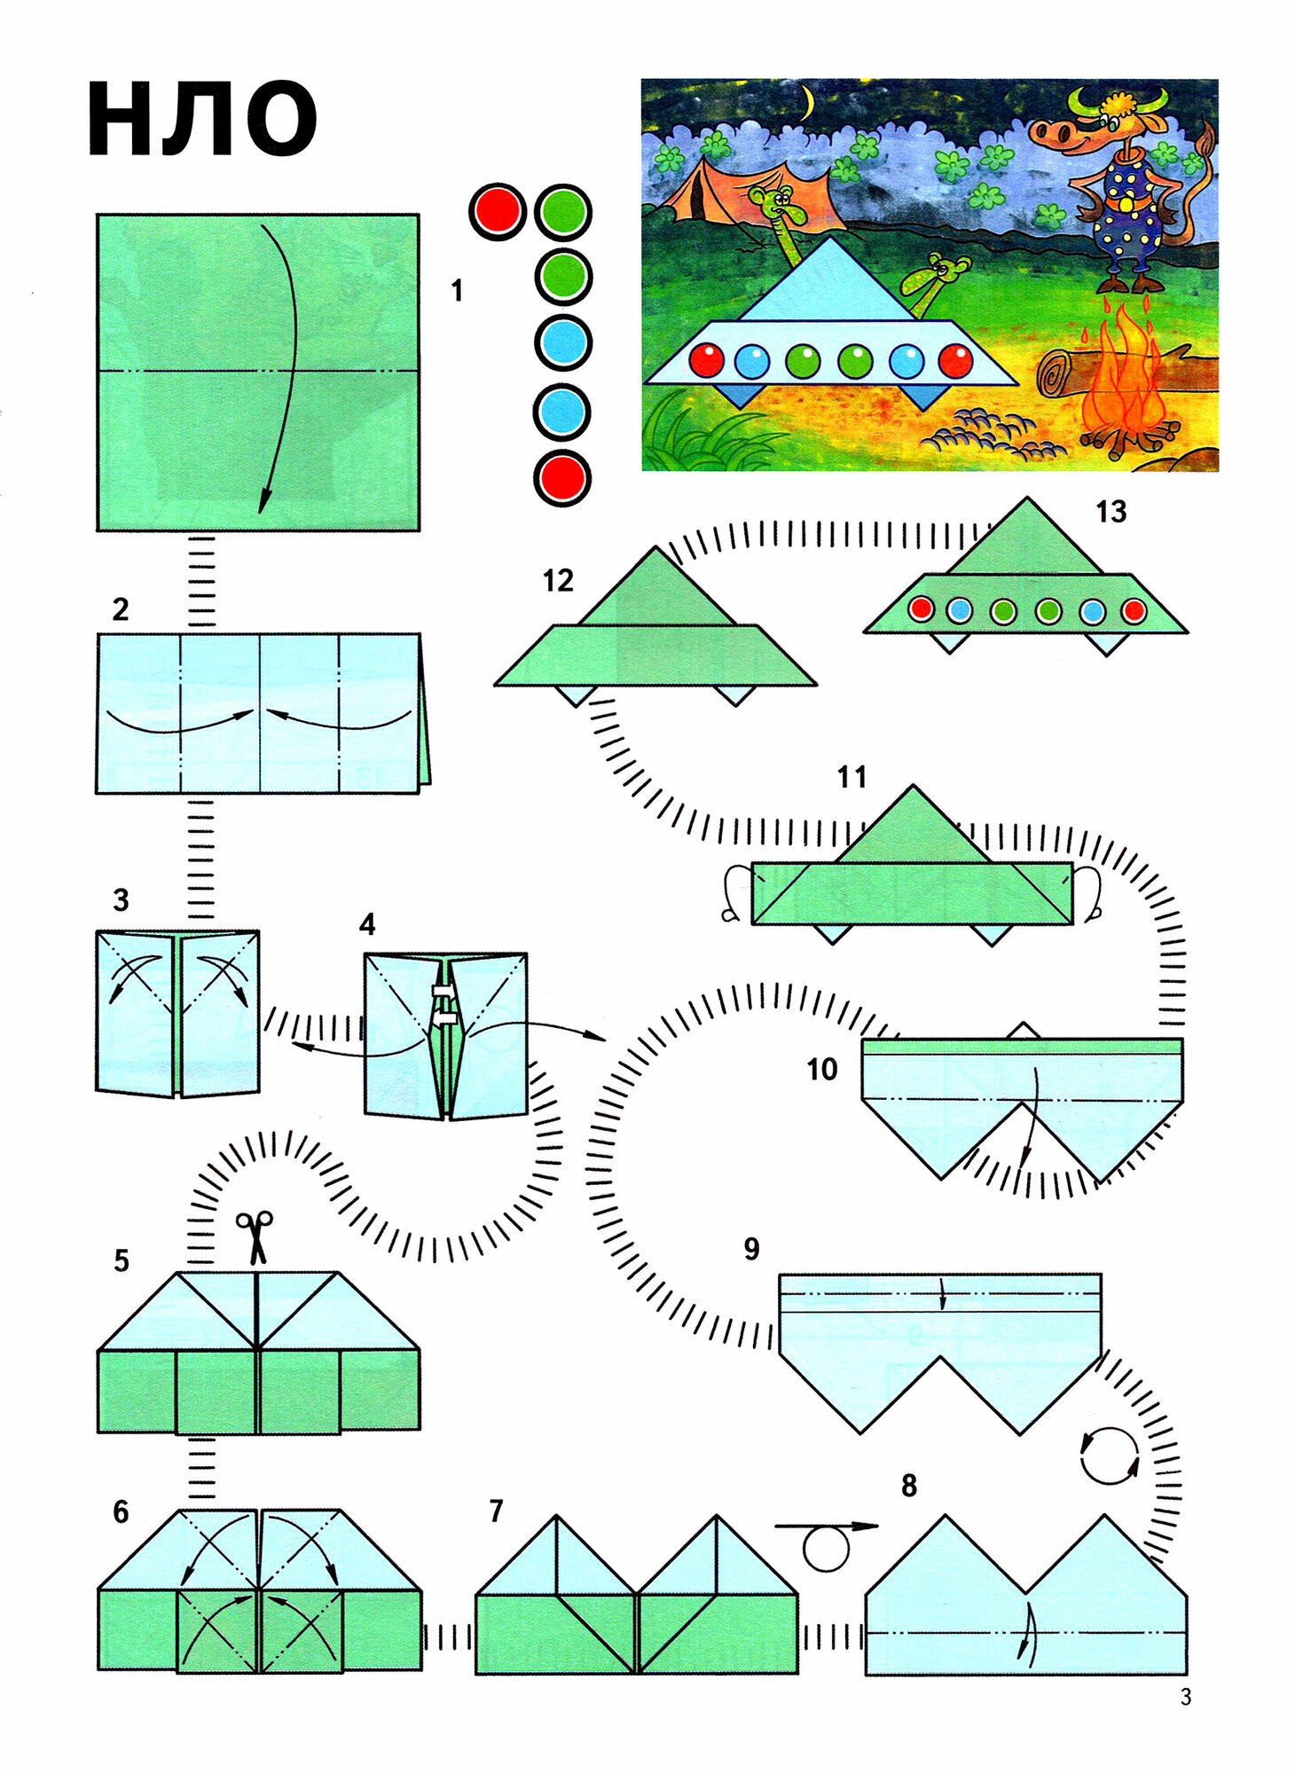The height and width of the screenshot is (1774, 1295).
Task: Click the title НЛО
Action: coord(202,119)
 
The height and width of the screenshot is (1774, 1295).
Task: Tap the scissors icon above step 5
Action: coord(255,1236)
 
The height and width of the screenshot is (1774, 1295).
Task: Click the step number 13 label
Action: coord(1111,512)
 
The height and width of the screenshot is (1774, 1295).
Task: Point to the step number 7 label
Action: coord(496,1511)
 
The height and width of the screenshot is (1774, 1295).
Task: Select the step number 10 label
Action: coord(821,1070)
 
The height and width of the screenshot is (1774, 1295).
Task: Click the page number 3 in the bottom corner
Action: coord(1186,1697)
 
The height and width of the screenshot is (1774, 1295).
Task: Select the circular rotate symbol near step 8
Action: coord(1109,1456)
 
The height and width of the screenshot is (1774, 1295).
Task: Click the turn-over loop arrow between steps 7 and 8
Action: coord(826,1544)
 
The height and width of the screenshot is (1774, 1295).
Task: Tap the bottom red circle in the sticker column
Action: coord(562,478)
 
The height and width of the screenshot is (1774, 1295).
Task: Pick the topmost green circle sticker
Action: coord(562,212)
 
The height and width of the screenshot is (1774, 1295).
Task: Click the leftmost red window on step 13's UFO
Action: coord(922,610)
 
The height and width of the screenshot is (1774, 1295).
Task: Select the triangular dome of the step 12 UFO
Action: coord(656,590)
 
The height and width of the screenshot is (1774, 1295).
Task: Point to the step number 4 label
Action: coord(367,925)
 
